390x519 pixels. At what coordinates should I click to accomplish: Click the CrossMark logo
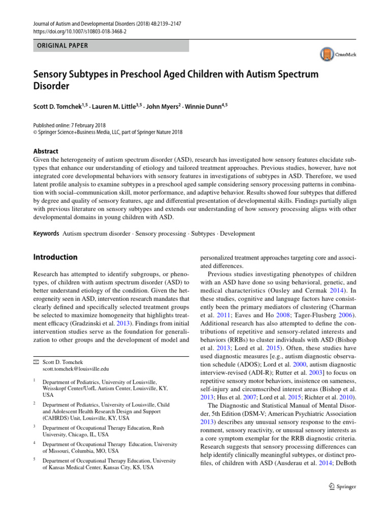(x=338, y=54)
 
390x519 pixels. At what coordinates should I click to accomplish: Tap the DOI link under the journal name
(x=80, y=31)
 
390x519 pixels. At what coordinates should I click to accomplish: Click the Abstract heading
(x=46, y=151)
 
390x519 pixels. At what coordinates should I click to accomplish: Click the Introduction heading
(x=55, y=257)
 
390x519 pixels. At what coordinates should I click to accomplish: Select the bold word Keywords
(x=46, y=234)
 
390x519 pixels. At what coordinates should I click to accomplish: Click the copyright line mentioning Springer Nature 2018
(x=108, y=132)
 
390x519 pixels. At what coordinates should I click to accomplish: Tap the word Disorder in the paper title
(x=51, y=86)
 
